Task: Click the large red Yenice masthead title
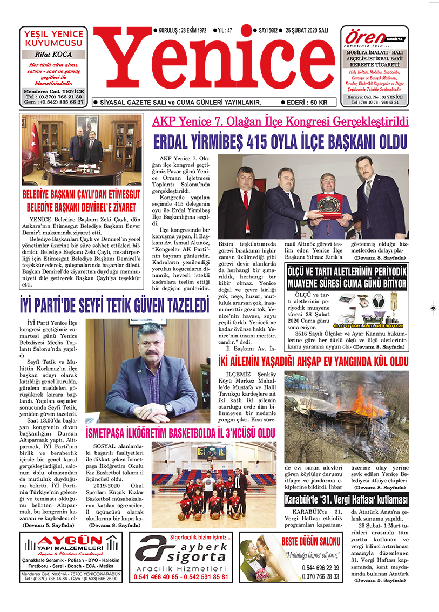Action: (216, 65)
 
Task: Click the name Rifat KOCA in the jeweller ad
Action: (53, 55)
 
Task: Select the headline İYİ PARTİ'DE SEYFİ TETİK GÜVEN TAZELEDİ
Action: (114, 306)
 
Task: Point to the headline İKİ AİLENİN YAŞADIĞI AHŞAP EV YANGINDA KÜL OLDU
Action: (313, 361)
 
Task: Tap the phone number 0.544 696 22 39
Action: (321, 568)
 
